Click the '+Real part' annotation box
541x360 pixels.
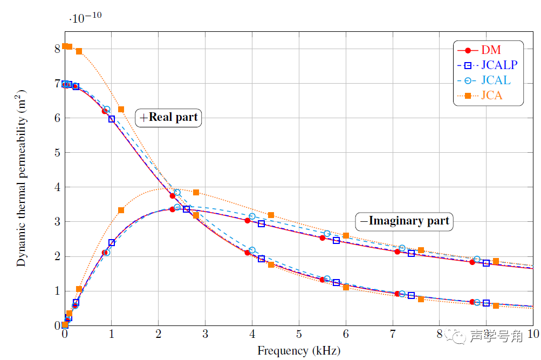pyautogui.click(x=169, y=117)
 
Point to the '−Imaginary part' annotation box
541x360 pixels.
pyautogui.click(x=405, y=221)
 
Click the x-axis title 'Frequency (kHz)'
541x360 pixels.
pyautogui.click(x=299, y=351)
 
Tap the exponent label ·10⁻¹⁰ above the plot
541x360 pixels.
pyautogui.click(x=85, y=17)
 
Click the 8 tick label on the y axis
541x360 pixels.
pyautogui.click(x=56, y=49)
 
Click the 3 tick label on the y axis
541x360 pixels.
pyautogui.click(x=56, y=222)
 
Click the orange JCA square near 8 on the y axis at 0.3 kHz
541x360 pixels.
pyautogui.click(x=79, y=51)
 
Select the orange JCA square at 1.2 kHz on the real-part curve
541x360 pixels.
pyautogui.click(x=121, y=109)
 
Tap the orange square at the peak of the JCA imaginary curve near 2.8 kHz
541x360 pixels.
pyautogui.click(x=196, y=192)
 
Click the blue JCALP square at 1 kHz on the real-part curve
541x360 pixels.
pyautogui.click(x=112, y=119)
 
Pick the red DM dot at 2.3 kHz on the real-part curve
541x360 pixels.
pyautogui.click(x=173, y=196)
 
